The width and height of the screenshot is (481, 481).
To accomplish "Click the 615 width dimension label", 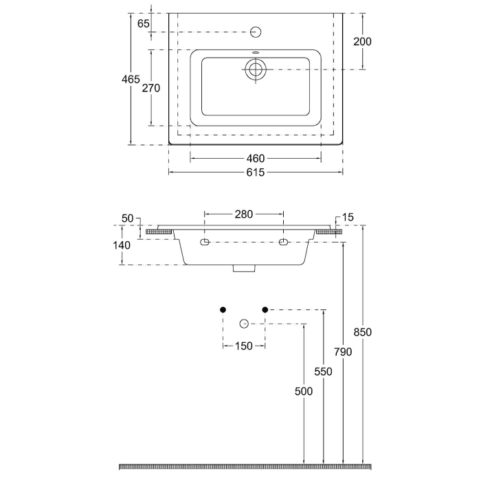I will pos(255,172).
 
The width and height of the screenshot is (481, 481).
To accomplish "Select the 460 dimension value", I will pos(255,159).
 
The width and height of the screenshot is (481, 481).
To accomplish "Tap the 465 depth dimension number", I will pos(131,79).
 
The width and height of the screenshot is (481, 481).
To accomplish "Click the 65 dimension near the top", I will pos(144,23).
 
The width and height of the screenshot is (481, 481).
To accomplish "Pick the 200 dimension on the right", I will pos(362,41).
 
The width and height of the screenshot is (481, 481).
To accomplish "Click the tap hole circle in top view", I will pos(256,32).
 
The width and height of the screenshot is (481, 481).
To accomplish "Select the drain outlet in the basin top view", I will pos(256,69).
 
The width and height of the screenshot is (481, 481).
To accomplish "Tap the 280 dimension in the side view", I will pos(244,214).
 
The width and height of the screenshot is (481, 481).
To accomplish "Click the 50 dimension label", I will pos(127,218).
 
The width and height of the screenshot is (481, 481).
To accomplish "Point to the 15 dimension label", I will pos(348,218).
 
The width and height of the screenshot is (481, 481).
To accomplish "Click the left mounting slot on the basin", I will pos(204,243).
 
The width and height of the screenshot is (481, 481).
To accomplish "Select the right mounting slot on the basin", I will pos(283,243).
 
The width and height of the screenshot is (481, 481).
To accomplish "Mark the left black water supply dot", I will pos(223,309).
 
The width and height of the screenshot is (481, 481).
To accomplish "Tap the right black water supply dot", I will pos(265,309).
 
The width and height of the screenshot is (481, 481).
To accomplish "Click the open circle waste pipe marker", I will pos(243,324).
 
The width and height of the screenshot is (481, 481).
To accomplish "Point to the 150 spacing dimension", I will pos(244,346).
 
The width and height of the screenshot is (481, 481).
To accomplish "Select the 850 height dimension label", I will pos(363,332).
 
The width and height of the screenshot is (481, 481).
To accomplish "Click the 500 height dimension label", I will pos(304,391).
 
